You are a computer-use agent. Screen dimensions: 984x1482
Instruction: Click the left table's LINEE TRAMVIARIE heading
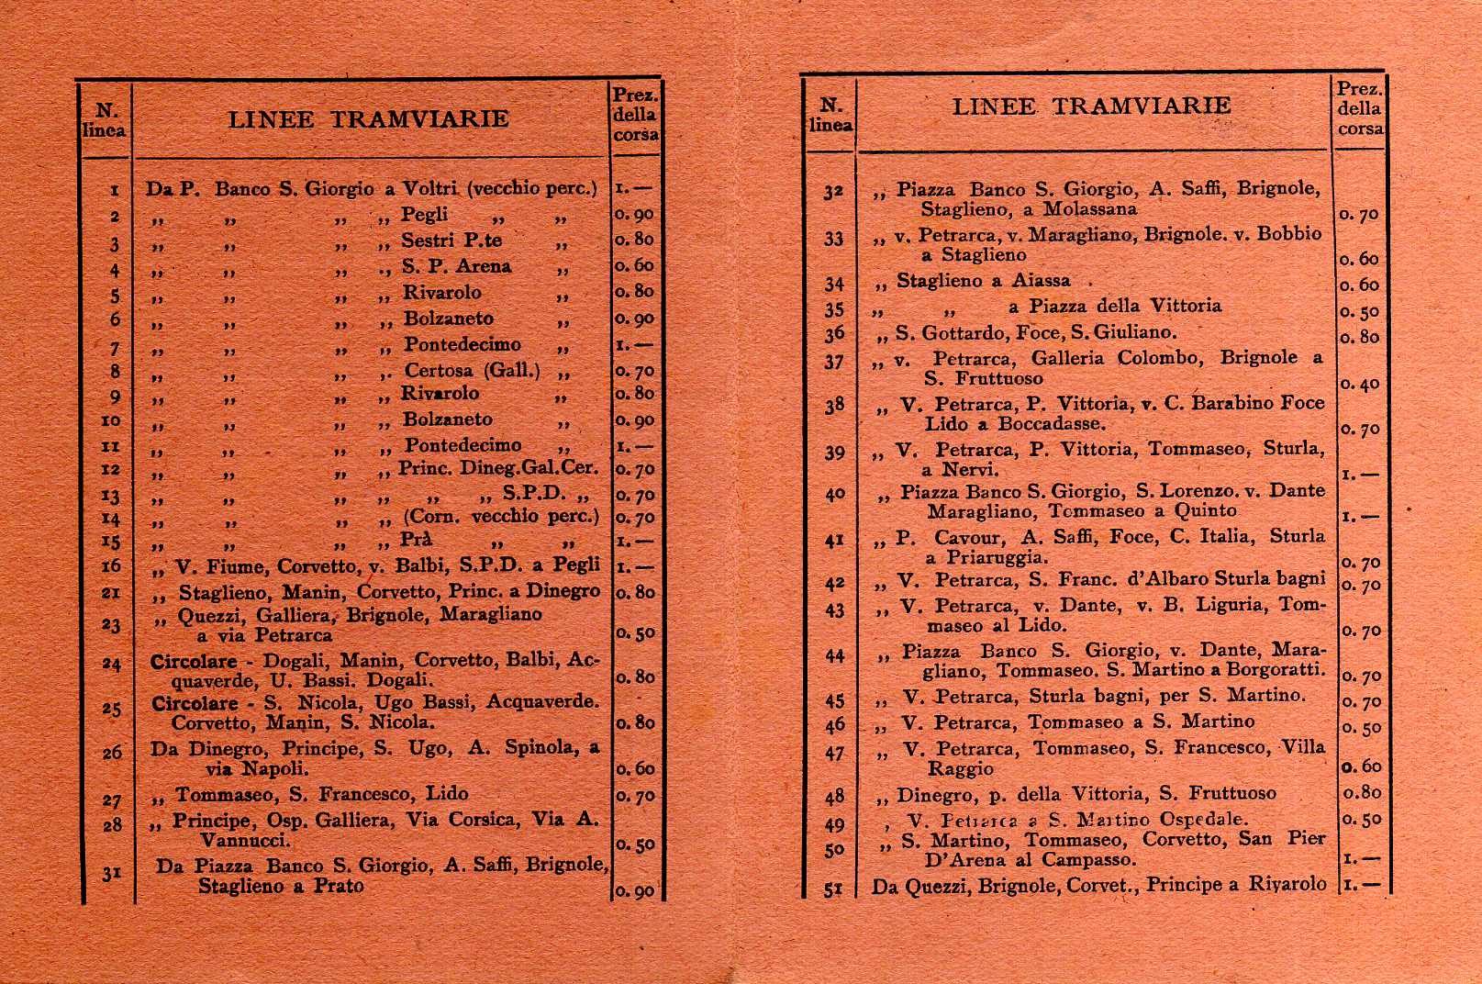coord(368,119)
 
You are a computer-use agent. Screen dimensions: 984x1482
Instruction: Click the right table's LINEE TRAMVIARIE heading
coord(1091,106)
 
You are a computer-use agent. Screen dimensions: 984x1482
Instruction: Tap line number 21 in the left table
coord(110,592)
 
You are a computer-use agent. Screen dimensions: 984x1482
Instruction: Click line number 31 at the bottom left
coord(111,873)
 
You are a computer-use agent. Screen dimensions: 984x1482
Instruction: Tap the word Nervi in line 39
coord(971,470)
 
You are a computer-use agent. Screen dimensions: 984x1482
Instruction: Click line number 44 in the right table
coord(834,656)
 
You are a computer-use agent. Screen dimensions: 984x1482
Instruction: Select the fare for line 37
coord(1360,384)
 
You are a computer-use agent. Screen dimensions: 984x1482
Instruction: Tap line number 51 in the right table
coord(833,888)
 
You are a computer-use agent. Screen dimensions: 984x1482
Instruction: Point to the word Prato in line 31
coord(339,887)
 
